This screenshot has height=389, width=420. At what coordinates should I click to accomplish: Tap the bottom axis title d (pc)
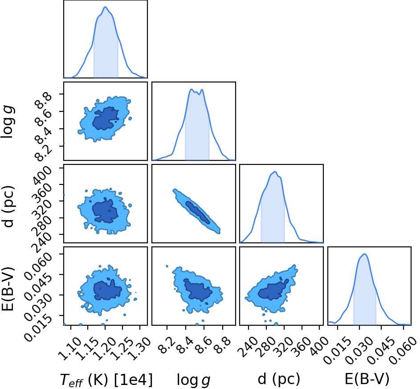coord(279,379)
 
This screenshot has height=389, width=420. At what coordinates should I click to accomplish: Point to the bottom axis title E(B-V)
coord(367,379)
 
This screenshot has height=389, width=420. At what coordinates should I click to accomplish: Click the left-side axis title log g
coord(8,122)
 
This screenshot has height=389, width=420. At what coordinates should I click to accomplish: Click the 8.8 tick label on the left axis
coord(43,99)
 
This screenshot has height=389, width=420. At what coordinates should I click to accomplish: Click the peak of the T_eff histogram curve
coord(105,7)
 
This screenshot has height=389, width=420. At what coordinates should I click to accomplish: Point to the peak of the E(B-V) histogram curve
coord(365,254)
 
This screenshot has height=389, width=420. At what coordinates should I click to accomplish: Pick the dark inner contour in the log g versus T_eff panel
coord(106,118)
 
